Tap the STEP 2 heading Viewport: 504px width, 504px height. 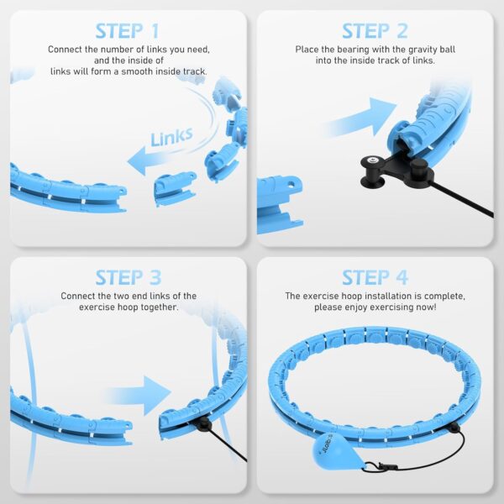tap(375, 31)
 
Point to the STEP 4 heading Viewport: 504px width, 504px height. tap(375, 277)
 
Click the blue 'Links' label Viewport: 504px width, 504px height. tap(171, 136)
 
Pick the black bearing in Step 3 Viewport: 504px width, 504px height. tap(202, 424)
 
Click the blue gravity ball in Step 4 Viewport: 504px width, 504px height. tap(333, 452)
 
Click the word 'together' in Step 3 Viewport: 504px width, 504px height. tap(159, 307)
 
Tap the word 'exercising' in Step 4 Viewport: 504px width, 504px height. tap(390, 307)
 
